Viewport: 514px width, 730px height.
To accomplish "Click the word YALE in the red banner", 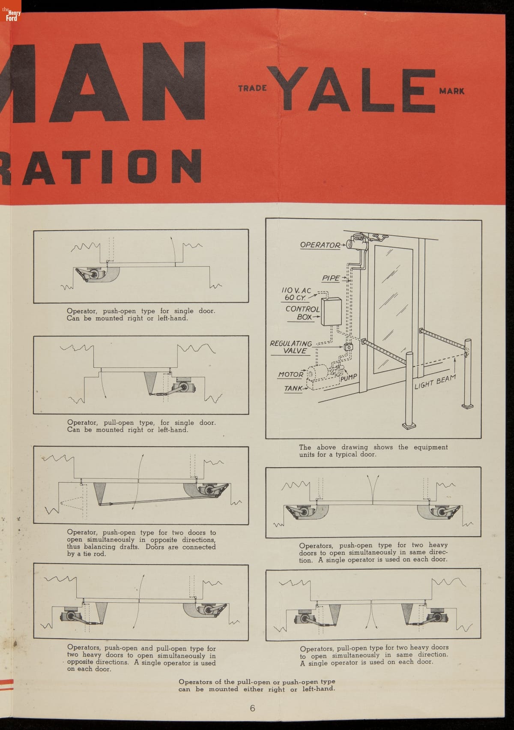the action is coord(351,89).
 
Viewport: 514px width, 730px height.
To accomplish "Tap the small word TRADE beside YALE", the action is coord(252,88).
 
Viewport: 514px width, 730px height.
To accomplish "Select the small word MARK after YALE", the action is coord(452,91).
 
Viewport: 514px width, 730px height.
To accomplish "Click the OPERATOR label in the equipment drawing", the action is coord(320,245).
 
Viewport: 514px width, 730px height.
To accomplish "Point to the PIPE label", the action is coord(331,278).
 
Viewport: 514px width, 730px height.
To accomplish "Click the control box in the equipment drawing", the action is coord(331,312).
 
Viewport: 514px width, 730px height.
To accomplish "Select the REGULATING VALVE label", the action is coord(291,347).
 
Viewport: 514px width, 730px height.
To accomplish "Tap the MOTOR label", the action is coord(290,375).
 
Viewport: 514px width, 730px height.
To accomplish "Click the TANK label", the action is coord(293,388).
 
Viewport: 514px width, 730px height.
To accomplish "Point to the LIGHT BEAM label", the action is coord(435,382).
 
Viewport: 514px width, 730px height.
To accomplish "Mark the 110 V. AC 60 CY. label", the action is coord(296,294).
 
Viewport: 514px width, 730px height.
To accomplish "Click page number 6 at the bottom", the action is coord(252,708).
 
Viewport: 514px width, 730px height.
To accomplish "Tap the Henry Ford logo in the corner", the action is coord(11,11).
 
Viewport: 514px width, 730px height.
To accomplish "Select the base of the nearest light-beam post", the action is coord(409,426).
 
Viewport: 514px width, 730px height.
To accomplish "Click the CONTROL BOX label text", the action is coord(302,313).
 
